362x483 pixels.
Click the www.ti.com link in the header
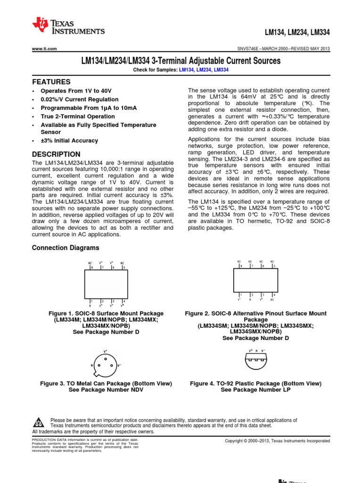44,49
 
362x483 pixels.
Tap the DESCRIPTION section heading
56,154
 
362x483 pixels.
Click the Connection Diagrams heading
66,248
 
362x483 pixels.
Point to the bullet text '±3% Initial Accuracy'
70,141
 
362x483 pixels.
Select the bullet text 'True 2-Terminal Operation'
78,117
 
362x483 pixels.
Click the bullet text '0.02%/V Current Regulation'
80,100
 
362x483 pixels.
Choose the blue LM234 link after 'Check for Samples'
203,70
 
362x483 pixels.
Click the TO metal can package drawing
105,365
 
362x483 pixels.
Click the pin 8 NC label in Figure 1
90,263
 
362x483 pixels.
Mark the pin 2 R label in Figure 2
250,299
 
